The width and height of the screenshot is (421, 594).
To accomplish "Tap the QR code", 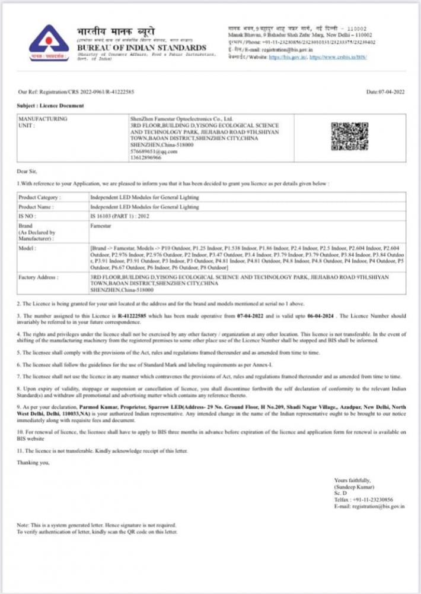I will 349,135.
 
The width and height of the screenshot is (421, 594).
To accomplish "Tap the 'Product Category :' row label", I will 40,196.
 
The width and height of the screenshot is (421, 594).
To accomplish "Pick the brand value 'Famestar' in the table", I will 99,226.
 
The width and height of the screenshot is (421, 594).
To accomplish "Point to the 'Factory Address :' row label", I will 40,277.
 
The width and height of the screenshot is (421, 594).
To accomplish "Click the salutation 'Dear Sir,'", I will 27,171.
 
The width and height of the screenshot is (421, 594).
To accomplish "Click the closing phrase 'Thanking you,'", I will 30,462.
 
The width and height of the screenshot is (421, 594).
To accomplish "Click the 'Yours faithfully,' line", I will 353,479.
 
